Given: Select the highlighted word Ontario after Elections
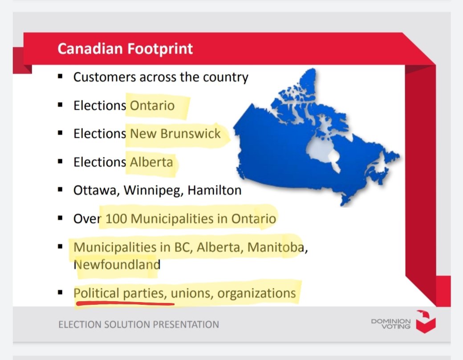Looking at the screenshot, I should [152, 106].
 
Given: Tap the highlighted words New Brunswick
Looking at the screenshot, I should [175, 134].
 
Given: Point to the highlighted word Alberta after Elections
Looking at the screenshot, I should [151, 162].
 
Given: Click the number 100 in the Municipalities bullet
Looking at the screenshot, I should [117, 219].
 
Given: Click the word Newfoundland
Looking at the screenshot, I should [117, 265].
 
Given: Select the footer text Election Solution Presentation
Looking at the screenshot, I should [138, 324].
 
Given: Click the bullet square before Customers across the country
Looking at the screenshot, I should [60, 78].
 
